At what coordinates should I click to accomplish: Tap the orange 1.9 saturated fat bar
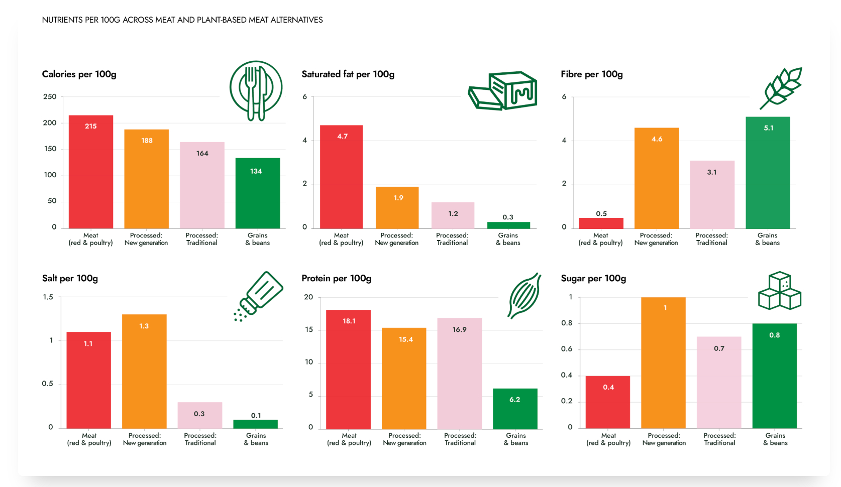click(397, 208)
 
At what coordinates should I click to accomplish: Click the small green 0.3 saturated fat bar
click(508, 225)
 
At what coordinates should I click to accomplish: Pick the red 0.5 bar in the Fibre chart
click(601, 223)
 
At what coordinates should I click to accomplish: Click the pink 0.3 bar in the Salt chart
click(200, 415)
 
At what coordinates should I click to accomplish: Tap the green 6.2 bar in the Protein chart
click(515, 409)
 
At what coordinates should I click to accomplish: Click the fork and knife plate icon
click(256, 90)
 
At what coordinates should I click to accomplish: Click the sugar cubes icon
click(779, 291)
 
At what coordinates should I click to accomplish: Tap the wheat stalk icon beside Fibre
click(781, 88)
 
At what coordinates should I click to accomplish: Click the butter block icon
click(503, 90)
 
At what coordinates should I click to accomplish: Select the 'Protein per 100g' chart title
click(336, 279)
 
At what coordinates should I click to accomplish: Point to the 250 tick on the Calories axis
click(50, 96)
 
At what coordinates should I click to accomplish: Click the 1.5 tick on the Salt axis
click(48, 297)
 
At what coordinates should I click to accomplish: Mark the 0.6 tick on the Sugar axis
click(567, 349)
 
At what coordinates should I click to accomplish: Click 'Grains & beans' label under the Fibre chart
click(768, 239)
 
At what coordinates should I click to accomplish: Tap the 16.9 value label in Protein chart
click(459, 330)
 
